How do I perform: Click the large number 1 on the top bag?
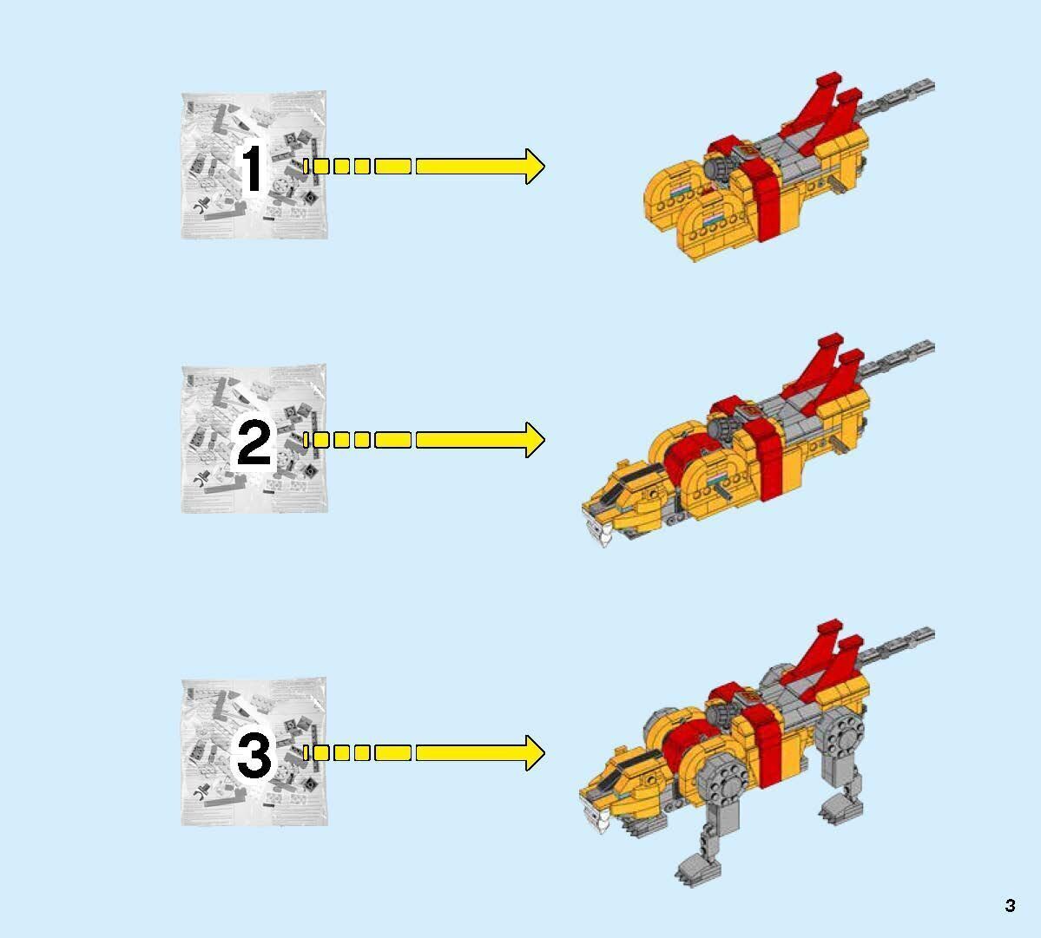coord(252,169)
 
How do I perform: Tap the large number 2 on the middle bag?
coord(254,445)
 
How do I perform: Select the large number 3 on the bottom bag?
coord(254,757)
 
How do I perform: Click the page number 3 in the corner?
coord(1010,906)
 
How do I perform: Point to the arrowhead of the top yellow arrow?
coord(531,166)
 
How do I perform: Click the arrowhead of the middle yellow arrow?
coord(531,440)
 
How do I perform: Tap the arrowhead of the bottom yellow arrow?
coord(531,752)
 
